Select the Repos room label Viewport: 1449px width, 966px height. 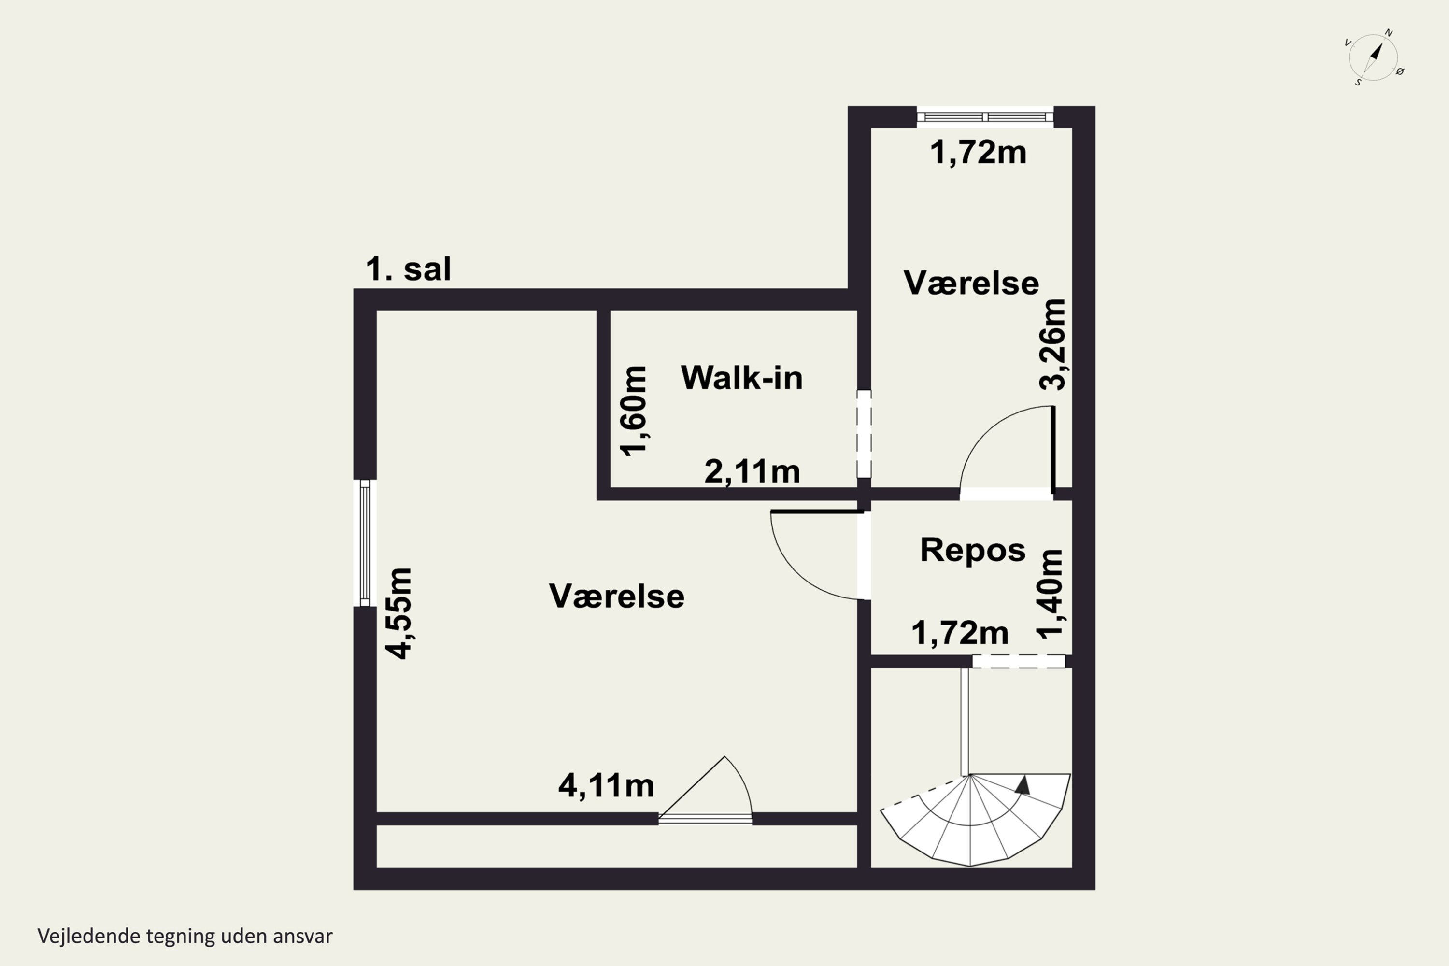[972, 550]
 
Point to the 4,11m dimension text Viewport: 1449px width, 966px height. [606, 785]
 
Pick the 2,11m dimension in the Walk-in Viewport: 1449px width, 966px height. [752, 472]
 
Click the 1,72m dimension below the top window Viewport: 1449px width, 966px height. [978, 152]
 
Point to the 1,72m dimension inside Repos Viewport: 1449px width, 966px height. [959, 633]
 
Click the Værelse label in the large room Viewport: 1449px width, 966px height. [616, 597]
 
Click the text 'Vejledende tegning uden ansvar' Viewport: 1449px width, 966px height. [185, 936]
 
